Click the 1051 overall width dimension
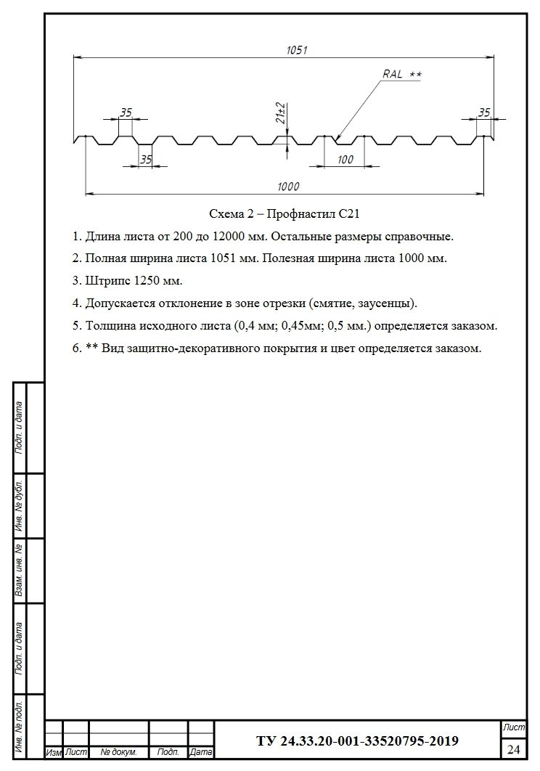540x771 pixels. tap(298, 50)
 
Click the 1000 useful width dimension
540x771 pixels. tap(287, 187)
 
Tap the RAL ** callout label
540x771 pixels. tap(401, 75)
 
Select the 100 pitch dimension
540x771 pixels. tap(345, 160)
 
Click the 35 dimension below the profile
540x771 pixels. tap(146, 160)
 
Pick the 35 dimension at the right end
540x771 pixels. tap(484, 113)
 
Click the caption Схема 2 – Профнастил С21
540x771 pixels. tap(285, 213)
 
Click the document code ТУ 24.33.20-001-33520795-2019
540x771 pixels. tap(357, 741)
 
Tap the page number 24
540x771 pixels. tap(514, 748)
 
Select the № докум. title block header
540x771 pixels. tap(118, 753)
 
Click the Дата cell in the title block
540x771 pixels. tap(201, 753)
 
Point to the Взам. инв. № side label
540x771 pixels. tap(20, 571)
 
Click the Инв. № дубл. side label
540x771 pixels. tap(20, 506)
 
